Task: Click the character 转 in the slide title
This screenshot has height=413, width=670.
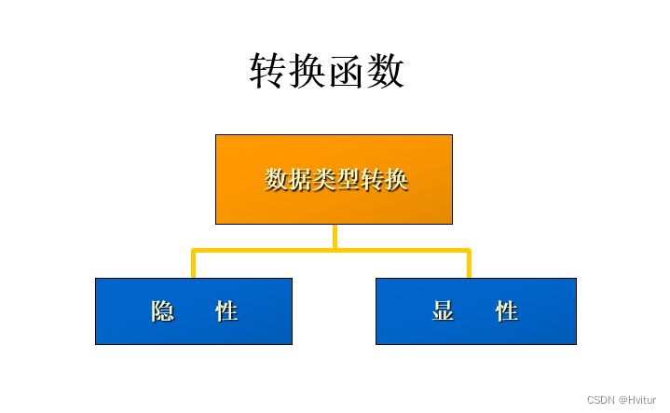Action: (268, 72)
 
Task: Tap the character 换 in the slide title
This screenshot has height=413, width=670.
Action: (308, 72)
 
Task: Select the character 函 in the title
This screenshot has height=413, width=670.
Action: (347, 72)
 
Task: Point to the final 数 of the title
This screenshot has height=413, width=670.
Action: (386, 72)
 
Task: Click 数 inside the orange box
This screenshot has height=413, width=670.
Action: (276, 179)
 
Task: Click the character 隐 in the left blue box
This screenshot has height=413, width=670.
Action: (163, 311)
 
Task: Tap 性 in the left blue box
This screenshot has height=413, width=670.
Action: (226, 311)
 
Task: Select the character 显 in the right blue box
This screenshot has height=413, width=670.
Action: (444, 311)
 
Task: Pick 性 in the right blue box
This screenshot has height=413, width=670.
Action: (507, 311)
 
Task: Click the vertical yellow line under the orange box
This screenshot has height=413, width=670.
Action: (335, 236)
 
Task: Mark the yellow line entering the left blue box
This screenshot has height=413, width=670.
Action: (193, 265)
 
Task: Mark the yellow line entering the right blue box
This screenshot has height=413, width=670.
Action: (469, 265)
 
